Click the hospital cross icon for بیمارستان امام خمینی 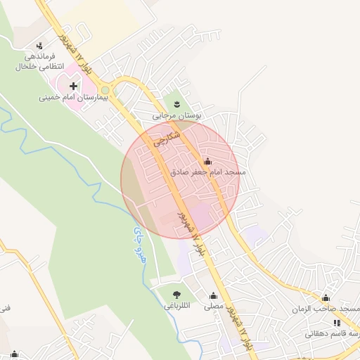[73, 86]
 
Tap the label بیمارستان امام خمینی [73, 98]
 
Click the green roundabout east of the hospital [105, 90]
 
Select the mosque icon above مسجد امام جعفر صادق [207, 162]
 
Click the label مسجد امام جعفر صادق [207, 172]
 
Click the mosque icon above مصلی [213, 296]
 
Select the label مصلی [214, 307]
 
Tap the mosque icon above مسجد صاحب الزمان [325, 298]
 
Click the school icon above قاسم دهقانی [336, 323]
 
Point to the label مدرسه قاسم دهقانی [333, 334]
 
